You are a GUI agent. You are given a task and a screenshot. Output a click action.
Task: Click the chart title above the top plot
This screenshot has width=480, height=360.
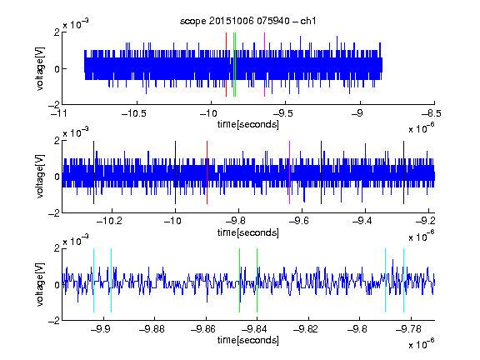click(x=247, y=21)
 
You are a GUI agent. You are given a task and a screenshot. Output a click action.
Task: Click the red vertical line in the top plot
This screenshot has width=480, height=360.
click(x=226, y=64)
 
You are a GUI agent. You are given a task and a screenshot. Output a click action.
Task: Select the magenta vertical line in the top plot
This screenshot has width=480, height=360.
click(x=264, y=64)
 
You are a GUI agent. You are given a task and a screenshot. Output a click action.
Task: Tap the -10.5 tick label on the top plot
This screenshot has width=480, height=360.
click(x=134, y=113)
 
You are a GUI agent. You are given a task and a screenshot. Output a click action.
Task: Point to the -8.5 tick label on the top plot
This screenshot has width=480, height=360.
click(x=432, y=113)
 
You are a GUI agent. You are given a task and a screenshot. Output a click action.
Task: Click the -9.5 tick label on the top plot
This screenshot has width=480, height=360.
click(x=282, y=113)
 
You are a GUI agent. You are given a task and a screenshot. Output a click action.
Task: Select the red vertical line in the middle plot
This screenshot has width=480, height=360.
click(x=207, y=172)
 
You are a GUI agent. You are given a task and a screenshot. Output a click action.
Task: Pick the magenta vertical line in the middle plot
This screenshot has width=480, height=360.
click(x=289, y=172)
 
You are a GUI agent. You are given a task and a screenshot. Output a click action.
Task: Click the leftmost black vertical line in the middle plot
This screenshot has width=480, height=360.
click(x=93, y=172)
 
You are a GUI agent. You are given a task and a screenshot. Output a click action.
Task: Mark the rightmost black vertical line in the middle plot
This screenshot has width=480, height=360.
click(x=403, y=172)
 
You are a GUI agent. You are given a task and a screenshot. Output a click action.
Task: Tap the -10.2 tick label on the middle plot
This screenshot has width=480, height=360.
click(x=109, y=221)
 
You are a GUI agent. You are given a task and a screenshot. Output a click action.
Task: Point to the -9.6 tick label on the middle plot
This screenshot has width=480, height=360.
click(x=299, y=221)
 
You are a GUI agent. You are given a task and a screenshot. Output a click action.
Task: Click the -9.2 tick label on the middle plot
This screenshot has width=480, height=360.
click(x=425, y=221)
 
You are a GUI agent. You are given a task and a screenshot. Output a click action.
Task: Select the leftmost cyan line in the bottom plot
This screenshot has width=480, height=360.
click(x=93, y=280)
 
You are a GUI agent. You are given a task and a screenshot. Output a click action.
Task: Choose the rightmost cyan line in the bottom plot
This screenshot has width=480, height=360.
click(x=403, y=280)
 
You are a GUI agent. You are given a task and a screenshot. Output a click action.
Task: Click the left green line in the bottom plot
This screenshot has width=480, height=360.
click(x=239, y=280)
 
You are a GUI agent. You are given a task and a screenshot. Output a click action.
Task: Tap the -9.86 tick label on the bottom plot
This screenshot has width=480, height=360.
click(x=203, y=329)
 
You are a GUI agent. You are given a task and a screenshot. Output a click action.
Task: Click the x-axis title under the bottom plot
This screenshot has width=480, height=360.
click(x=248, y=340)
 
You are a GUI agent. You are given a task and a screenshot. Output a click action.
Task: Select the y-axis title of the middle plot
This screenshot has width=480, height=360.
click(x=40, y=177)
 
